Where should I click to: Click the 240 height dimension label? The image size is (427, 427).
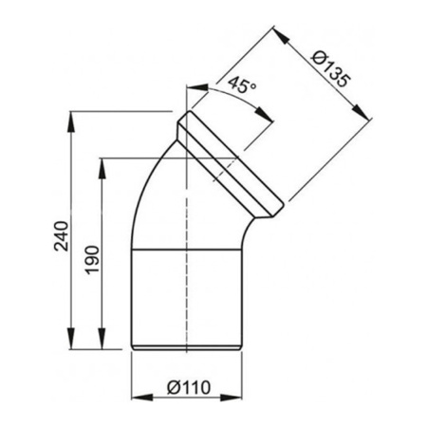pos(60,232)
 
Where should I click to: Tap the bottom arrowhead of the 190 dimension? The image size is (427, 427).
pos(102,345)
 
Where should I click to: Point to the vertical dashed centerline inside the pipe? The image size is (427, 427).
pos(191,285)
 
